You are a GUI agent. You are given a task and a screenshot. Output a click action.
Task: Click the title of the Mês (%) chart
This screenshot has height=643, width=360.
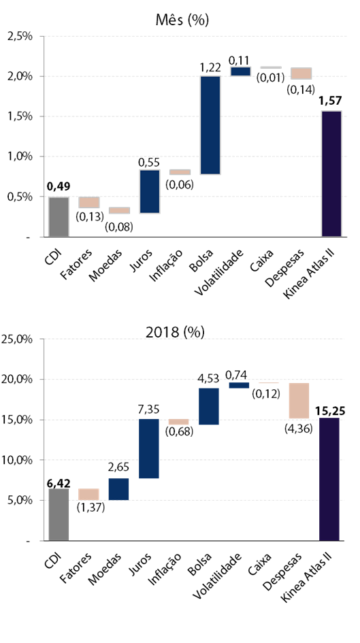coord(182,20)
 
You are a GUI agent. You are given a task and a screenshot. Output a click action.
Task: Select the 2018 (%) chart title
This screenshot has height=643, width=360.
coord(175,332)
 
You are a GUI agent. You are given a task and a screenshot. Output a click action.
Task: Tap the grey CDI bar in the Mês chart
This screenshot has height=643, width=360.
coord(59,217)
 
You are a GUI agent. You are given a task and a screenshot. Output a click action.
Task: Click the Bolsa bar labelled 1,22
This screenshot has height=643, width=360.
coord(210,125)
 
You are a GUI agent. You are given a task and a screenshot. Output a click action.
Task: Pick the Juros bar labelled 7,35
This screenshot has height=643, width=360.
coord(148,448)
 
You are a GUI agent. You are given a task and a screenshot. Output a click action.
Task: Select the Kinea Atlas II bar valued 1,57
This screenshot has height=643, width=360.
coord(331,174)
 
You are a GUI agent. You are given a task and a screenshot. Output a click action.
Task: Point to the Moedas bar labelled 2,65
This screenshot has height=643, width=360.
coord(118,489)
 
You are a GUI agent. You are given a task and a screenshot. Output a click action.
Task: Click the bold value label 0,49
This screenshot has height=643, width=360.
coord(59,187)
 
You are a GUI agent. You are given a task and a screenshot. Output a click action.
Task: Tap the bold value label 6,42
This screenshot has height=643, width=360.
coord(59,484)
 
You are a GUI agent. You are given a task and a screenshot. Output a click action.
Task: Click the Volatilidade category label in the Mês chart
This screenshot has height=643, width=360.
coord(219,272)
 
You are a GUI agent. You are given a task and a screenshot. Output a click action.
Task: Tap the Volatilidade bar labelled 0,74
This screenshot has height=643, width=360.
coord(239,386)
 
